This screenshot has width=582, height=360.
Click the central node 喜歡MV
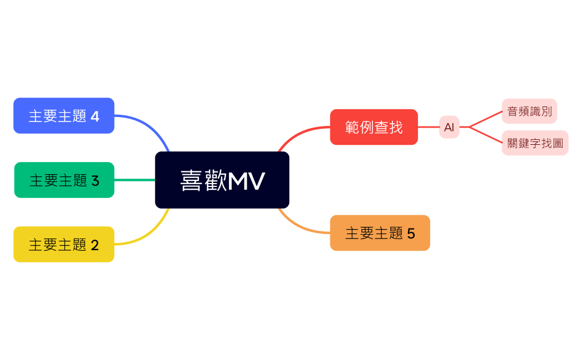click(x=222, y=180)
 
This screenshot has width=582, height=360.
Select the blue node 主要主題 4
click(x=64, y=116)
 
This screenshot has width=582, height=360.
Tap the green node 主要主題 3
click(x=64, y=180)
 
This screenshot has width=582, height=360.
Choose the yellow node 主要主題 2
click(x=64, y=245)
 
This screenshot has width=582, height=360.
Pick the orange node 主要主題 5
click(x=380, y=233)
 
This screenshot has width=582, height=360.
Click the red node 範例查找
click(x=374, y=127)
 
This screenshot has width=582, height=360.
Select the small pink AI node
click(x=449, y=127)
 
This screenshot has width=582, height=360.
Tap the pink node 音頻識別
click(x=529, y=111)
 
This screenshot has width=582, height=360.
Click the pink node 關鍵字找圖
click(x=535, y=143)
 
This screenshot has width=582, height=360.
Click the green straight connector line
click(x=135, y=180)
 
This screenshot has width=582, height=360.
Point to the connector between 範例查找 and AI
click(x=428, y=127)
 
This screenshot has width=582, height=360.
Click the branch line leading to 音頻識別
click(x=486, y=119)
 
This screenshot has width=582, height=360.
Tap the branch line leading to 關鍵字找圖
click(x=486, y=135)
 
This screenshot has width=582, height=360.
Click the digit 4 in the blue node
click(x=95, y=116)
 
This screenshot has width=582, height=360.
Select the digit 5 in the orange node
click(x=411, y=234)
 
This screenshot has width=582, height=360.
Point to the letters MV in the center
click(x=247, y=181)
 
